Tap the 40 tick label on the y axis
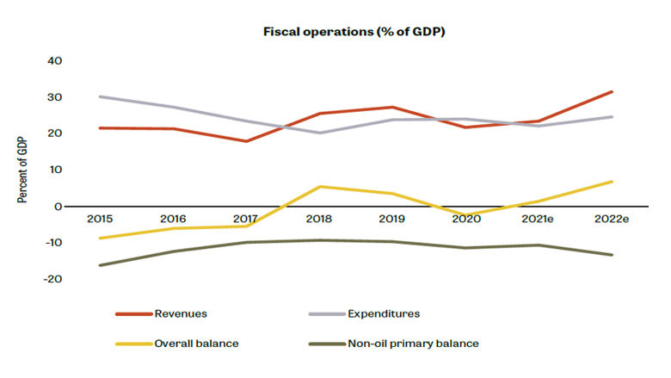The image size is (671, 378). coord(54,61)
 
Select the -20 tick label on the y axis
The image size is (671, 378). coord(52,279)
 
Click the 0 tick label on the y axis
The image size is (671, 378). coord(58,207)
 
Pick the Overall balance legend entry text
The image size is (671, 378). coord(196,343)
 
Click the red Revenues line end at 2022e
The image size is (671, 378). coord(612,91)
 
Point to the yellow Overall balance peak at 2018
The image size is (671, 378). coord(320,186)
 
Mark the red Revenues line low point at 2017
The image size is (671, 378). coord(247,141)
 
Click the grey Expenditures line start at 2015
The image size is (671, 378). coord(101,96)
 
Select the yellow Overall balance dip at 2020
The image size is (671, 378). coord(465,215)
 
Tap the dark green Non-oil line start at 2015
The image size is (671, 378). coord(101,265)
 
